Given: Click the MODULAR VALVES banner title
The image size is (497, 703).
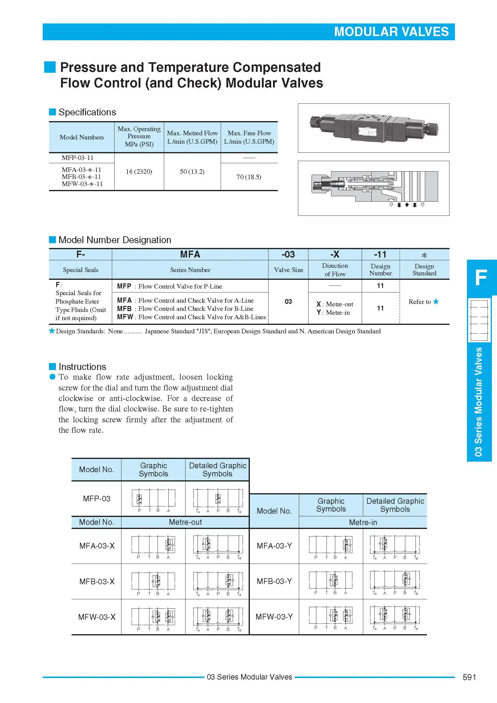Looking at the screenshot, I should click(391, 32).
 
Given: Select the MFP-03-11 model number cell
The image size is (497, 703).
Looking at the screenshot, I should click(77, 158).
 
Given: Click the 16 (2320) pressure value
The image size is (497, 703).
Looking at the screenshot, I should click(139, 171).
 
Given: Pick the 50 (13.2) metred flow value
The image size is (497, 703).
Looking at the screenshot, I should click(192, 171).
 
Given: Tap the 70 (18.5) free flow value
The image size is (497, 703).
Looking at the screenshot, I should click(249, 177).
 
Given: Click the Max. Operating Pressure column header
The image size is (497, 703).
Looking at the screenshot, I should click(139, 136).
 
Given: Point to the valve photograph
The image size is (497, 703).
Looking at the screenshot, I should click(373, 128).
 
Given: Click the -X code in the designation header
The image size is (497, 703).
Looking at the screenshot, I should click(335, 255).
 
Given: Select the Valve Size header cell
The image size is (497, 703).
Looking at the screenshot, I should click(288, 270).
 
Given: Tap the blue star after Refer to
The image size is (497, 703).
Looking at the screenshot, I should click(436, 301).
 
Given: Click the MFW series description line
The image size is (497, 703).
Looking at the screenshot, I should click(191, 317).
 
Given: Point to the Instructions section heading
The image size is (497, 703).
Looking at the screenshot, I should click(82, 366).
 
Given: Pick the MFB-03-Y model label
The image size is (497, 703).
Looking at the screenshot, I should click(274, 581).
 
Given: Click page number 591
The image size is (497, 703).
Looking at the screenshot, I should click(469, 677).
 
